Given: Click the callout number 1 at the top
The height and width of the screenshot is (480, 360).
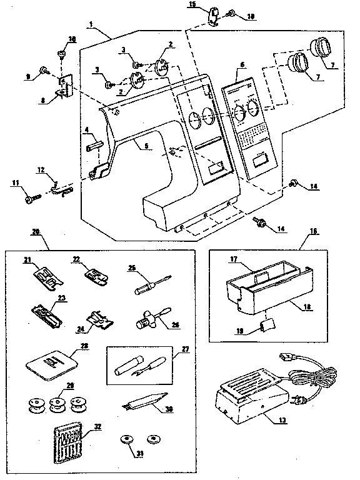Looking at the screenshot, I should pyautogui.click(x=92, y=24).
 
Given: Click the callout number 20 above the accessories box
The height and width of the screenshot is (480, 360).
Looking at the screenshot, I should pyautogui.click(x=36, y=231).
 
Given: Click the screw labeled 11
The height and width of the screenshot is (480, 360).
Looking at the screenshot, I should pyautogui.click(x=30, y=199).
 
